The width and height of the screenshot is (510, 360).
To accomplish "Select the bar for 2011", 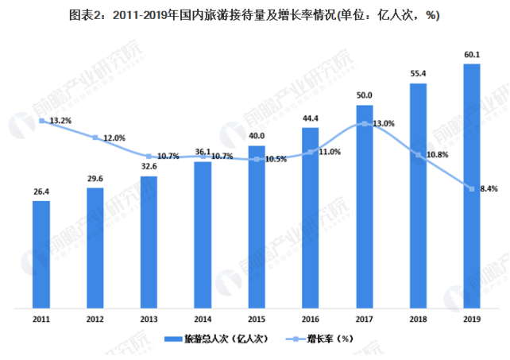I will point(41,254).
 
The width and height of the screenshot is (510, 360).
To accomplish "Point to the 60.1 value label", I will point(471,55).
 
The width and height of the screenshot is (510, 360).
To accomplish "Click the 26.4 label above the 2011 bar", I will point(41,192).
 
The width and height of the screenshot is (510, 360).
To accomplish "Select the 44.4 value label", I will point(310,118).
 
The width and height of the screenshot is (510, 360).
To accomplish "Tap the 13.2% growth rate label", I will point(60,121).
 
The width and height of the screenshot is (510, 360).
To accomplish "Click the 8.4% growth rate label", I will point(487,189).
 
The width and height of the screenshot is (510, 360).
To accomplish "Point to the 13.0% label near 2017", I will point(383,123).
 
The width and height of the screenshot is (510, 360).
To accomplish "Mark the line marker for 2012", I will point(95,137).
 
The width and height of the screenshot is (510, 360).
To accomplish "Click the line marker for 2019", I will point(471,188).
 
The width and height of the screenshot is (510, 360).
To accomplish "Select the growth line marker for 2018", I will point(418,154).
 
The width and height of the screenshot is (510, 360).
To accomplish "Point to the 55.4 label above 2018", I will point(418,74).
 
